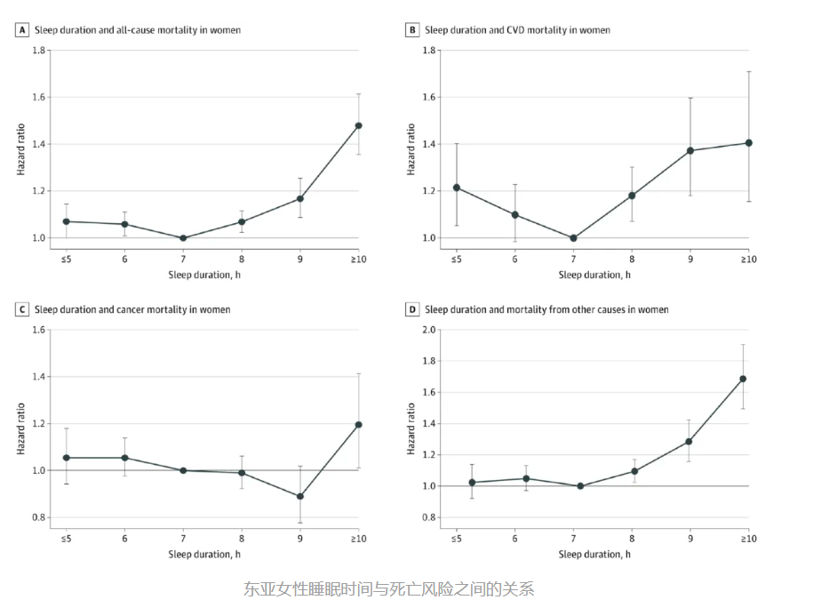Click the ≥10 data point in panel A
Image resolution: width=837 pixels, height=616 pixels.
pyautogui.click(x=359, y=125)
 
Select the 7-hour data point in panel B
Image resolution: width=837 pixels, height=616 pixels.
pyautogui.click(x=573, y=238)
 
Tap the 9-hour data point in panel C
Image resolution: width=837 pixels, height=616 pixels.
pyautogui.click(x=300, y=496)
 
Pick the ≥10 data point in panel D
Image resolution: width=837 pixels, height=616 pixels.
pyautogui.click(x=743, y=379)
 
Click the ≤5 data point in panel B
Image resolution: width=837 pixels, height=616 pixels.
pyautogui.click(x=457, y=188)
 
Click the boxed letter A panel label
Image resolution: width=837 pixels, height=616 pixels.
pyautogui.click(x=22, y=30)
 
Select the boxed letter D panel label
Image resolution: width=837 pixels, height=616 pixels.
pyautogui.click(x=412, y=309)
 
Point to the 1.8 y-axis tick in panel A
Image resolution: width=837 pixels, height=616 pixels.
pyautogui.click(x=38, y=50)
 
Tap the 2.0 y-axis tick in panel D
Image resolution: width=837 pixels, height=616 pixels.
pyautogui.click(x=428, y=330)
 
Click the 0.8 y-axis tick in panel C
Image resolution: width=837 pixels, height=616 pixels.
pyautogui.click(x=38, y=517)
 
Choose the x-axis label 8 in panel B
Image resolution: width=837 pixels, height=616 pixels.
pyautogui.click(x=632, y=259)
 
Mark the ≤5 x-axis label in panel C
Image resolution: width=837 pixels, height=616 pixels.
pyautogui.click(x=66, y=539)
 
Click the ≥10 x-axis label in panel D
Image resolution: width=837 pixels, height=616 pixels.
pyautogui.click(x=748, y=539)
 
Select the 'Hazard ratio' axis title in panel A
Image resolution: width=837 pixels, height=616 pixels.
pyautogui.click(x=20, y=149)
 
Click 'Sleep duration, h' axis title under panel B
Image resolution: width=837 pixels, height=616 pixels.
pyautogui.click(x=594, y=275)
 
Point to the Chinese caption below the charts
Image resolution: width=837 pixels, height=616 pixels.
pyautogui.click(x=388, y=588)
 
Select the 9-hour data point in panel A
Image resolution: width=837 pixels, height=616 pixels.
pyautogui.click(x=300, y=198)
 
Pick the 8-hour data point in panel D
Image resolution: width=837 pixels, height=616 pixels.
pyautogui.click(x=634, y=471)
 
